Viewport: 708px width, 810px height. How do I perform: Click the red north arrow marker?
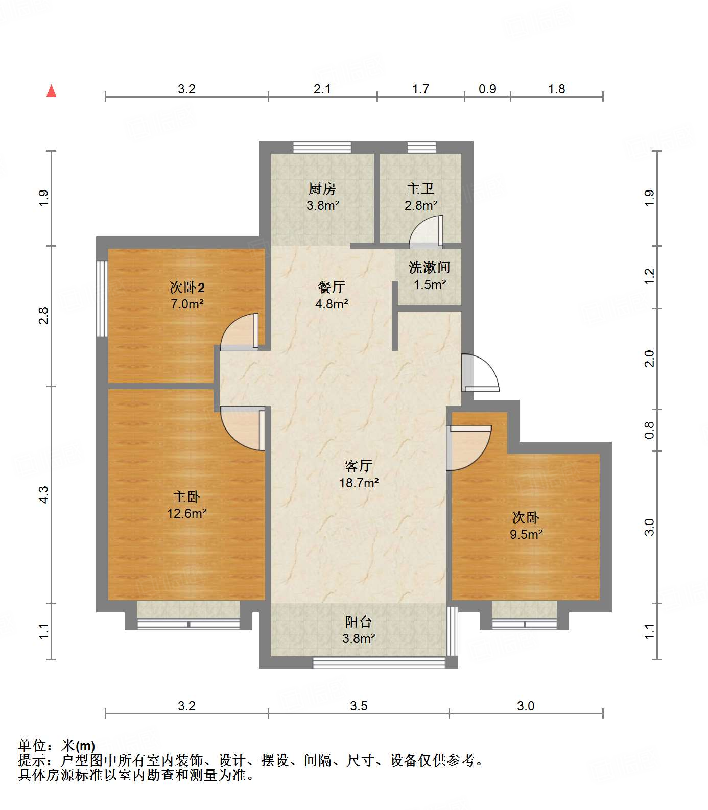51,91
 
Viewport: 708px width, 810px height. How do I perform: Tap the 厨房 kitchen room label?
322,189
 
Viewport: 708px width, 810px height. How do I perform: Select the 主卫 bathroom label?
420,189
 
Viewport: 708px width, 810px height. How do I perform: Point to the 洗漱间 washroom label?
429,268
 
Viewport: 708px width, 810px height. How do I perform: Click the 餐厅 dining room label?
331,288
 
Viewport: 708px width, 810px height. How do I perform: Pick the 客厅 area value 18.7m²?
359,483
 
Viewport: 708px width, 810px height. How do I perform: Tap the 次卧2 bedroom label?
187,288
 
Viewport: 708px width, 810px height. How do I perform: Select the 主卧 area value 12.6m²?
187,513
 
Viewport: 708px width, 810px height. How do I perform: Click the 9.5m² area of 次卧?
526,535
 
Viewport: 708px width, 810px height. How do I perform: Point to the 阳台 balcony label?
359,622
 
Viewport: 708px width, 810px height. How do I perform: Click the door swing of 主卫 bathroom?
426,232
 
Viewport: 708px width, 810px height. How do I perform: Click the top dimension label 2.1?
322,89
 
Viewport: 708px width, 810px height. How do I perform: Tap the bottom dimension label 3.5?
359,706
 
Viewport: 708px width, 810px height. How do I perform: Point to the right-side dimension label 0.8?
649,430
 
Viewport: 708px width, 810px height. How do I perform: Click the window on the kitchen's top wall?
322,148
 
